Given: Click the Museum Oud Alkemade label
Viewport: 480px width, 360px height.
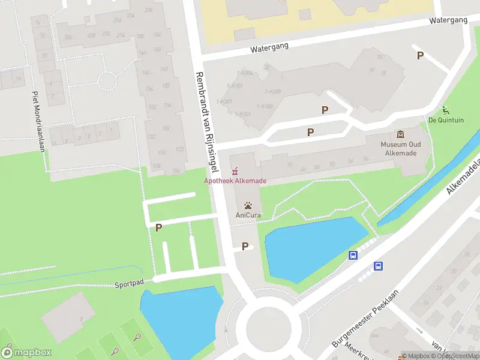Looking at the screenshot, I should click(x=400, y=148).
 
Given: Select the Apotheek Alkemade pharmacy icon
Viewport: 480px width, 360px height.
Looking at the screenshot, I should click(x=235, y=171).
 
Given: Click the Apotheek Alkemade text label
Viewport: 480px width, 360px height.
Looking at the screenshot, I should click(x=235, y=181).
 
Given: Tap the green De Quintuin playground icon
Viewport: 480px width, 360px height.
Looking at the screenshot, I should click(x=445, y=110).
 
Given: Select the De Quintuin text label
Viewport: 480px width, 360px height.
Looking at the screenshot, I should click(x=446, y=120).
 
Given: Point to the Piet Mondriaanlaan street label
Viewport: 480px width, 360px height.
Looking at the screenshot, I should click(x=39, y=121).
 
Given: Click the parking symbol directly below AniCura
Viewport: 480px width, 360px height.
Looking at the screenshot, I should click(x=245, y=246).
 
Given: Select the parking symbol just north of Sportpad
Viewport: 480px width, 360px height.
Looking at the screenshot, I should click(x=158, y=227).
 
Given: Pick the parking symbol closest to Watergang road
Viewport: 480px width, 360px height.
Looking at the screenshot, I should click(x=420, y=55).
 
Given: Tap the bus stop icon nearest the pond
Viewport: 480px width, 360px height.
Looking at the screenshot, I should click(x=353, y=256).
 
